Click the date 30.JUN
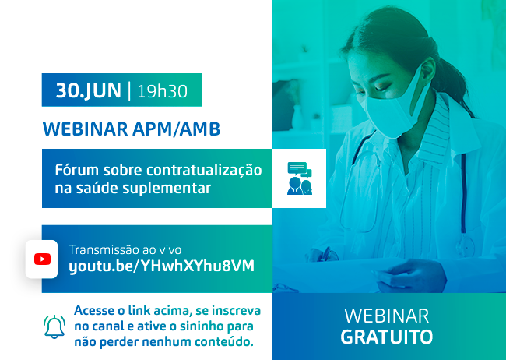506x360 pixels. click(x=89, y=90)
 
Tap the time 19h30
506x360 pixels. click(x=163, y=91)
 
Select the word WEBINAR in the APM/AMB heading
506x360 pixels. click(x=86, y=129)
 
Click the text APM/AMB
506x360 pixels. click(x=176, y=129)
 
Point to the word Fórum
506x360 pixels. click(x=77, y=170)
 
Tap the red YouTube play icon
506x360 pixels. click(x=42, y=259)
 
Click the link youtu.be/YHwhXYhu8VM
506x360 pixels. click(x=161, y=266)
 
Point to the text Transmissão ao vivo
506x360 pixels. click(x=125, y=250)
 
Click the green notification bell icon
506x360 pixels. click(x=54, y=326)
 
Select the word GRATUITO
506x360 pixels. click(x=387, y=337)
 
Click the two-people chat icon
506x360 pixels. click(x=300, y=178)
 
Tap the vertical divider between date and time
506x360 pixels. click(x=129, y=91)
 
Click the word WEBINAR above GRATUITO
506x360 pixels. click(x=387, y=316)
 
